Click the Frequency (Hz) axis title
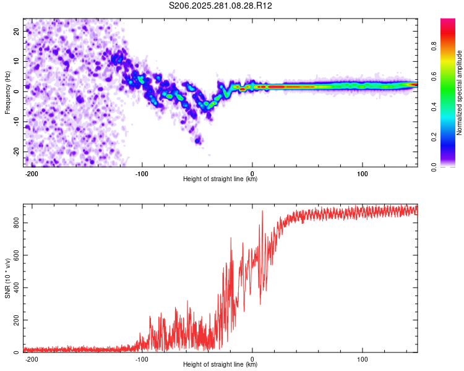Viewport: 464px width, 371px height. [8, 93]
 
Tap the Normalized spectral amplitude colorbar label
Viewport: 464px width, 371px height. [460, 93]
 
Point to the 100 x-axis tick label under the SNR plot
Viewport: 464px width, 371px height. [363, 359]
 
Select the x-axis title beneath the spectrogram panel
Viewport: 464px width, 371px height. [221, 179]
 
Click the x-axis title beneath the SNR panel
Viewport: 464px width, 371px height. [221, 365]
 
